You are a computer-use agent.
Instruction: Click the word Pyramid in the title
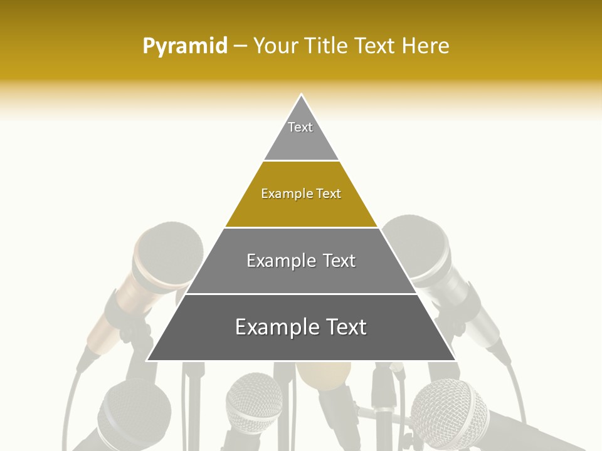(x=184, y=46)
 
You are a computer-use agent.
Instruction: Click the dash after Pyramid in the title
(x=240, y=46)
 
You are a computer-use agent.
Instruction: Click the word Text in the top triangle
(x=300, y=127)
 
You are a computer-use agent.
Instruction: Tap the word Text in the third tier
(x=339, y=261)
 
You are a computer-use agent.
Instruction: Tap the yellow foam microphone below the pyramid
(x=324, y=375)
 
